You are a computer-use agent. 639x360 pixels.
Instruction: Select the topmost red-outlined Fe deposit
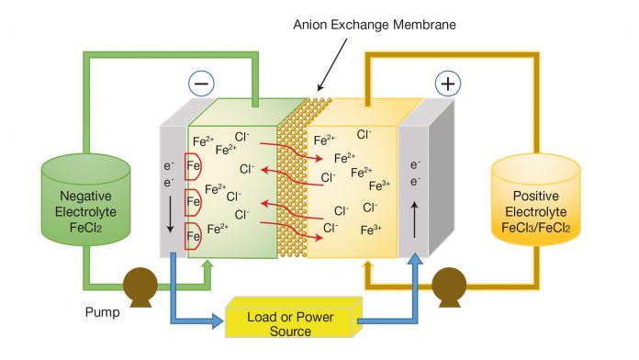(194, 164)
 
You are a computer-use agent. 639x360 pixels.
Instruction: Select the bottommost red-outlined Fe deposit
(194, 236)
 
